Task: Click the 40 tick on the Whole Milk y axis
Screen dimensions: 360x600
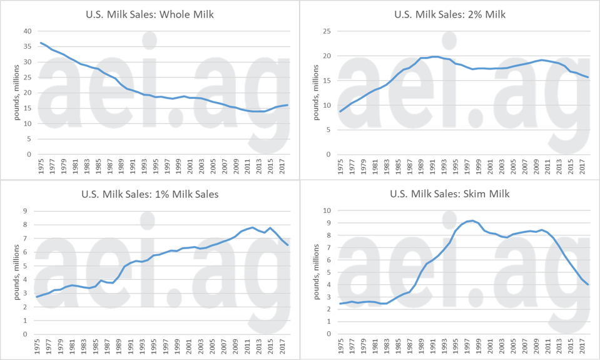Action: pyautogui.click(x=27, y=31)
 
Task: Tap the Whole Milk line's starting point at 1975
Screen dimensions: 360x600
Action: pyautogui.click(x=41, y=43)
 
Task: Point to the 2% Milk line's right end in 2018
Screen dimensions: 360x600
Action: pyautogui.click(x=587, y=77)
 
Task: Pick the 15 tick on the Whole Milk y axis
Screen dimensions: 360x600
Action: pyautogui.click(x=27, y=108)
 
